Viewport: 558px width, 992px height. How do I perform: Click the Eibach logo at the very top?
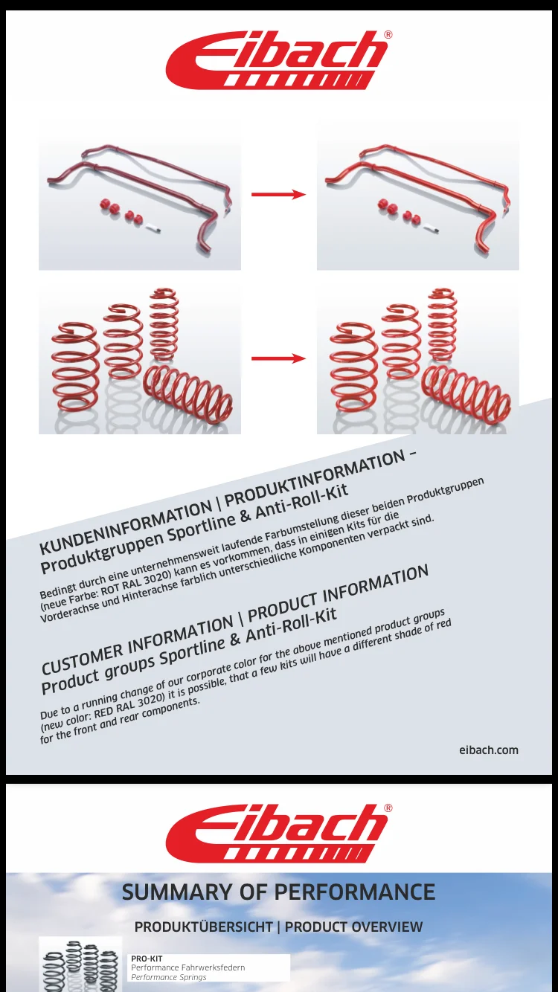[x=279, y=59]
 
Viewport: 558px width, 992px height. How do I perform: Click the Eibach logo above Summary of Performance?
[x=279, y=833]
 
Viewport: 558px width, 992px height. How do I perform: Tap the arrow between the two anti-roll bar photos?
[x=278, y=194]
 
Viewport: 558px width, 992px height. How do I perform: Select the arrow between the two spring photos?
[x=278, y=358]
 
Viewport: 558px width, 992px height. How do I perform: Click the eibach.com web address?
[x=488, y=750]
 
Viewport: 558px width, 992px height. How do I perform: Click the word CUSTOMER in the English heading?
[x=83, y=657]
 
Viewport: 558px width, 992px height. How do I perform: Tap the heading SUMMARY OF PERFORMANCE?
[x=278, y=892]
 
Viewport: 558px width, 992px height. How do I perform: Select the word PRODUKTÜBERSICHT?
[x=203, y=927]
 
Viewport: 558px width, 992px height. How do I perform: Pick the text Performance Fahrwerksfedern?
[x=188, y=967]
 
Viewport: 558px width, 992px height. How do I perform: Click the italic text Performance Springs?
[x=169, y=977]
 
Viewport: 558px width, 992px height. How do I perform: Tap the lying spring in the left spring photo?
[x=188, y=393]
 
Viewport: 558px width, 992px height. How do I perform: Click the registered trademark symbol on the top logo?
[x=388, y=35]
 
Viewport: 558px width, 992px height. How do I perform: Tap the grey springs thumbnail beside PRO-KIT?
[x=80, y=965]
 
